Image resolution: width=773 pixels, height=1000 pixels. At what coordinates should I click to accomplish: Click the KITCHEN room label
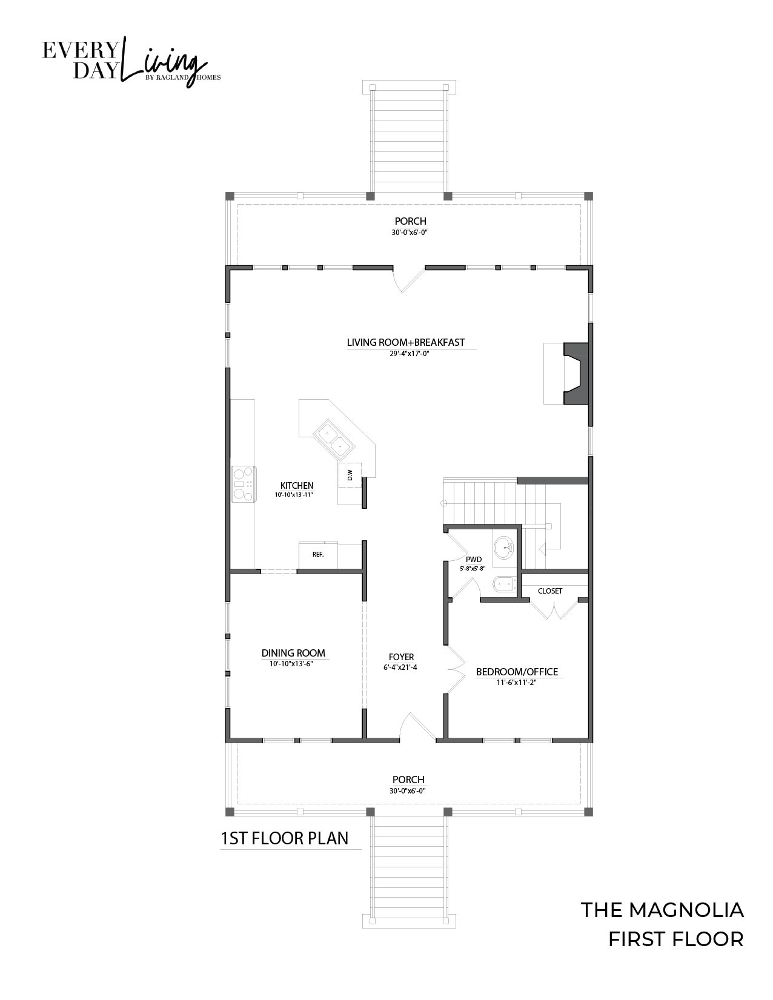click(297, 486)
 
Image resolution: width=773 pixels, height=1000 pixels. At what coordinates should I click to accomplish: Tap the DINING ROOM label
click(293, 653)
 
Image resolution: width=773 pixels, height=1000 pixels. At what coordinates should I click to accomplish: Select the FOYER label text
click(401, 657)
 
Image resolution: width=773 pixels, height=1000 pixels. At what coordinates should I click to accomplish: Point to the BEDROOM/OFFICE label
click(517, 672)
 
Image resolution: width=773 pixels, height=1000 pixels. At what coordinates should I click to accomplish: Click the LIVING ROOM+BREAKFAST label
click(406, 342)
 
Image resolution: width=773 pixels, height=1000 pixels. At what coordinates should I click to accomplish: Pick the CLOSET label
click(550, 591)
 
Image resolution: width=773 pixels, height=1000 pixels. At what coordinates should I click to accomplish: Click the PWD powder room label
click(474, 560)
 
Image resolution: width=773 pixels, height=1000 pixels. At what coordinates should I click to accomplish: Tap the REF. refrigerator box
click(318, 555)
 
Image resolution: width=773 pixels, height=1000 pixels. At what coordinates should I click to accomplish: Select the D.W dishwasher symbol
click(350, 475)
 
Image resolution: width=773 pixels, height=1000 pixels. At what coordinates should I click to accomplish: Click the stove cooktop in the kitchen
click(244, 484)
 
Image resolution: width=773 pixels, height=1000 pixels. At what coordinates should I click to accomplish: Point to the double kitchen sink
click(334, 439)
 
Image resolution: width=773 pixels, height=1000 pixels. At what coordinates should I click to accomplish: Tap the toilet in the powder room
click(505, 585)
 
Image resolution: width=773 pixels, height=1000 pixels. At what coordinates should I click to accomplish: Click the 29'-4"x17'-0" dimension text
click(408, 354)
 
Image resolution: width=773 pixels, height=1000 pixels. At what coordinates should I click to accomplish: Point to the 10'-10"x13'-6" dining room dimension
click(291, 664)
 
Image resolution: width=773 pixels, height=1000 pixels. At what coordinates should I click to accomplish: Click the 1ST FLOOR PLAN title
click(284, 838)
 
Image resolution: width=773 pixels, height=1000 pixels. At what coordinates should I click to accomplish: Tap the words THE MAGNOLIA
click(662, 910)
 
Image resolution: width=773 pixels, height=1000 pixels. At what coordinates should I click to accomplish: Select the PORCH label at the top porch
click(410, 221)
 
